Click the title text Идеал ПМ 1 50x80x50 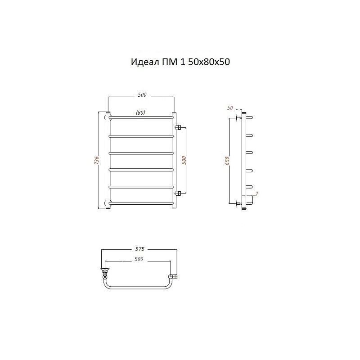[x=180, y=62]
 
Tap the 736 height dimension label [x=97, y=160]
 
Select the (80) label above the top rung [x=140, y=112]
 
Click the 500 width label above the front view [x=142, y=94]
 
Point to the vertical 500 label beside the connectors [x=184, y=160]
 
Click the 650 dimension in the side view [x=227, y=161]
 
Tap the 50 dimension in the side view [x=230, y=108]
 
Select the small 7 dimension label [x=256, y=193]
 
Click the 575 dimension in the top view [x=139, y=249]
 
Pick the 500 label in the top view [x=139, y=259]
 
